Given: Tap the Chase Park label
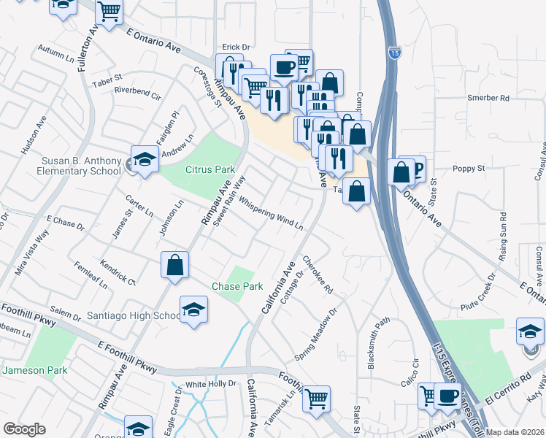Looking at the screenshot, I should tap(237, 286).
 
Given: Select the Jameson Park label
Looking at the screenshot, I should tap(34, 370).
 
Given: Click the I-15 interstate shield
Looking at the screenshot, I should tap(394, 53).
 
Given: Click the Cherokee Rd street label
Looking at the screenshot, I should tap(318, 278).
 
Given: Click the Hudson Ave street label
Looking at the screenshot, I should tap(34, 135).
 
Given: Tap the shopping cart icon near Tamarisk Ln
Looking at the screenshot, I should tap(316, 398).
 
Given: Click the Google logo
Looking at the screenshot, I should tap(24, 429).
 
